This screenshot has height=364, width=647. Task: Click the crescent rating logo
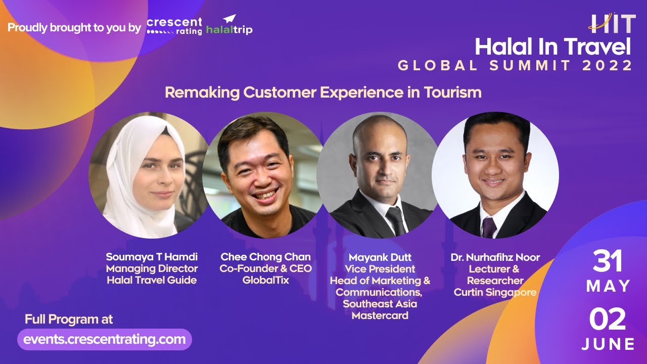tap(174, 26)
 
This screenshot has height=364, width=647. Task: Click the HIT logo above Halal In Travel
tap(611, 23)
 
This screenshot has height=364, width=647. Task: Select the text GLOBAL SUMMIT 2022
tap(515, 66)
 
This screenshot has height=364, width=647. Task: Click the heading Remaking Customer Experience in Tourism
tap(323, 93)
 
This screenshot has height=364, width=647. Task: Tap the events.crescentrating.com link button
tap(105, 339)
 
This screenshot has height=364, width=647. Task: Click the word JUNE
tap(608, 344)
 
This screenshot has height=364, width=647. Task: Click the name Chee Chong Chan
tap(265, 257)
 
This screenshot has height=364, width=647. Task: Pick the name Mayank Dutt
tap(380, 257)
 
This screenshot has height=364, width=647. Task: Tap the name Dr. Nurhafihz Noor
tap(495, 257)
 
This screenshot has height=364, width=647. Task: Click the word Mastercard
tap(380, 315)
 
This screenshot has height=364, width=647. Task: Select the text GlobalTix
tap(265, 280)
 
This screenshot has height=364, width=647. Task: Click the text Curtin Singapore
tap(495, 292)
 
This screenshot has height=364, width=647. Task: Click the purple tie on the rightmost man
tap(489, 227)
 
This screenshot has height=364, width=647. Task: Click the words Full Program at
tap(68, 320)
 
